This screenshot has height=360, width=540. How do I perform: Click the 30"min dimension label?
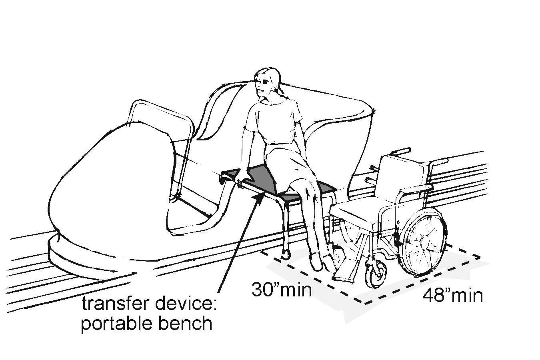pos(281,289)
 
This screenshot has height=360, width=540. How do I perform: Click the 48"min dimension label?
pos(452,296)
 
